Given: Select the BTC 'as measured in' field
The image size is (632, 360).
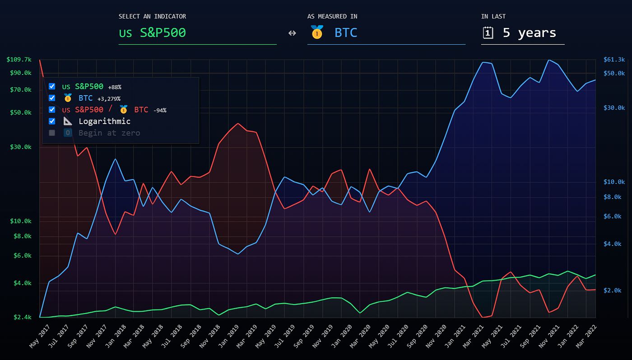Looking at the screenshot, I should (x=345, y=33).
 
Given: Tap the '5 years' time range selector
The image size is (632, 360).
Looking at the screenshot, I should (x=529, y=33).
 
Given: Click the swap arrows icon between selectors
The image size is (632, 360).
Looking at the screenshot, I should (x=292, y=33).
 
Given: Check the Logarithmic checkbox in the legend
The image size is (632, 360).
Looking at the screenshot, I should (x=52, y=121).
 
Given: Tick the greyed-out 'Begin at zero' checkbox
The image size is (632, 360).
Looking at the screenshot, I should (x=52, y=133).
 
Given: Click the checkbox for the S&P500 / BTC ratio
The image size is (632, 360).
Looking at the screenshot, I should (x=52, y=110).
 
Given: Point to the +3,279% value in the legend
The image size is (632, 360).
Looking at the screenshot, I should (x=109, y=99).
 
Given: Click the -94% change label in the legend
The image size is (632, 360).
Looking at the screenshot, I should (x=160, y=111).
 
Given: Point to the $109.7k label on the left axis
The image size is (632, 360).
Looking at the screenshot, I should (x=19, y=60).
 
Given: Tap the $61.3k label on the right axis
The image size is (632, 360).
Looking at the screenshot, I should (x=614, y=60).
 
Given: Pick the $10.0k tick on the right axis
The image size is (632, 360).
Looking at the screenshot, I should (x=614, y=182).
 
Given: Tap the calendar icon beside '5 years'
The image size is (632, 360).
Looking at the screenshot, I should (x=488, y=32).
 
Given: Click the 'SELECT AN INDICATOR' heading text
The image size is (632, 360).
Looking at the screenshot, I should (x=152, y=17).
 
